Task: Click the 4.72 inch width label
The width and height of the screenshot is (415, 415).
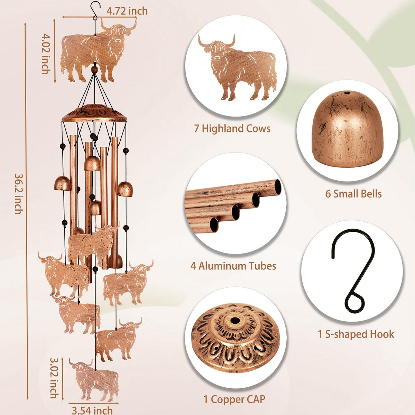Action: [127, 11]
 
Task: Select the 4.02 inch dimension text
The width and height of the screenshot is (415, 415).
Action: [46, 54]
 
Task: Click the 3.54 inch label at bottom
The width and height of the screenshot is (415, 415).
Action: [92, 410]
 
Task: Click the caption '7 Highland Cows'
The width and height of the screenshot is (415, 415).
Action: [232, 129]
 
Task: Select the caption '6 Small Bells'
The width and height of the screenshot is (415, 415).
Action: [353, 194]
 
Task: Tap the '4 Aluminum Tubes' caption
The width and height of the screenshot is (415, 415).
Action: [233, 266]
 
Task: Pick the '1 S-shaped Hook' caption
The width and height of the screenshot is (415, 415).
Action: [356, 334]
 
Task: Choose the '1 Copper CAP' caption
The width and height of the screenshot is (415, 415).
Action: [234, 393]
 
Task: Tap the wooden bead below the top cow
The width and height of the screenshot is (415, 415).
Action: [94, 70]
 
